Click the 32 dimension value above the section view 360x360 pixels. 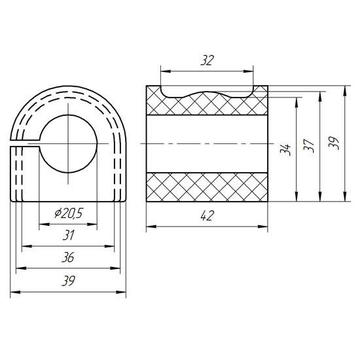pos(207,61)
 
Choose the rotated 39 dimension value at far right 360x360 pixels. pos(334,143)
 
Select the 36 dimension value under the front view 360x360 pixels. pos(68,258)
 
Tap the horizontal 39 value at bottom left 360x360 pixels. pos(68,281)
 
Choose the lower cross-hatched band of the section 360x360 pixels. pos(207,187)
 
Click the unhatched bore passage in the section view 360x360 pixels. pos(207,143)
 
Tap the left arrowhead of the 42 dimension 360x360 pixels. pos(148,227)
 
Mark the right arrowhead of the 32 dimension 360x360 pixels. pos(251,70)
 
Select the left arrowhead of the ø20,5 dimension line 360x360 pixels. pos(41,224)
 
